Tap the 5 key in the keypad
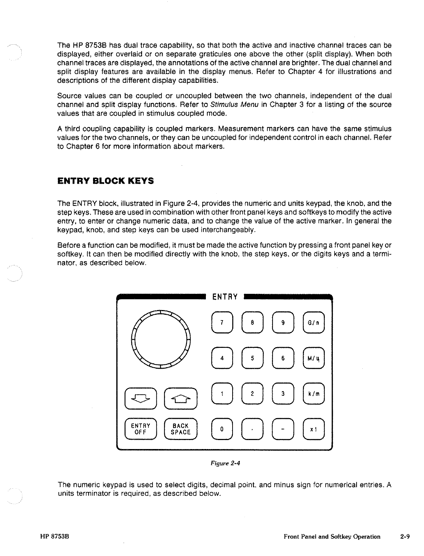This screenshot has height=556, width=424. [x=253, y=358]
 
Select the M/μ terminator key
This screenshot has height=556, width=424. [x=314, y=358]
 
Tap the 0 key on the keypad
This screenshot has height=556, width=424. [x=222, y=429]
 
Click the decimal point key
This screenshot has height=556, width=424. [x=253, y=429]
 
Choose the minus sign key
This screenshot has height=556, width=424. [x=283, y=429]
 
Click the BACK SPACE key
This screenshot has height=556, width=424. [x=181, y=429]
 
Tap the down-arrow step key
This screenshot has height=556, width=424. [x=140, y=398]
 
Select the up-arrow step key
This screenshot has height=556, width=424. [x=181, y=398]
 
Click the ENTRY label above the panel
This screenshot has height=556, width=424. [x=225, y=297]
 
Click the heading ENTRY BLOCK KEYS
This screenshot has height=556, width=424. [x=106, y=181]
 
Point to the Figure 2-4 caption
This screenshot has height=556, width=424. [x=225, y=463]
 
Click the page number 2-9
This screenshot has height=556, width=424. [x=405, y=537]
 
